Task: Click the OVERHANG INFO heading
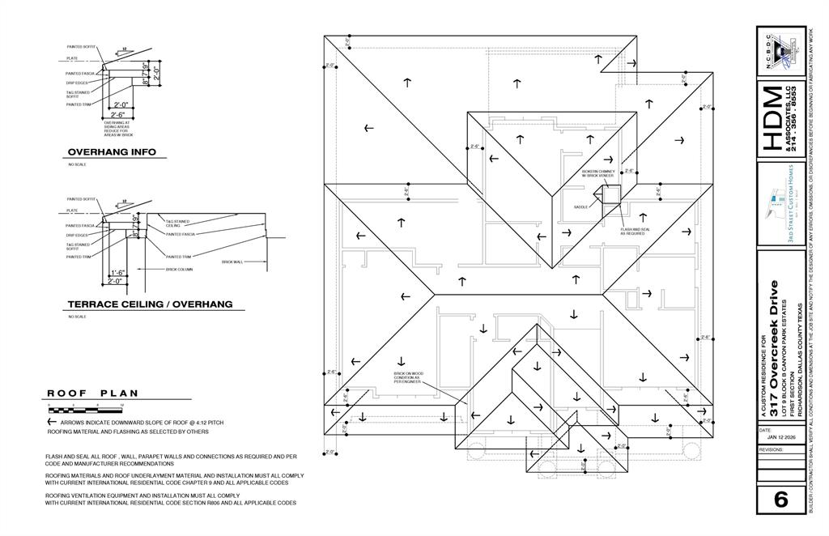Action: point(112,152)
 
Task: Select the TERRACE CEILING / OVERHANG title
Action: point(150,304)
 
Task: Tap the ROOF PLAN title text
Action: point(92,393)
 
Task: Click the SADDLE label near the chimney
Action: point(580,207)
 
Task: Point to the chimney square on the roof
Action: point(608,193)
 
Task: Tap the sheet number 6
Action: point(780,500)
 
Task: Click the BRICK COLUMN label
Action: point(179,269)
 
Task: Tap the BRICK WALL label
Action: point(232,262)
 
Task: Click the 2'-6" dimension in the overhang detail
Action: point(121,115)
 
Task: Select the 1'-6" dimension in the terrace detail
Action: point(117,273)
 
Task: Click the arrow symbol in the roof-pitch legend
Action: point(52,422)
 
